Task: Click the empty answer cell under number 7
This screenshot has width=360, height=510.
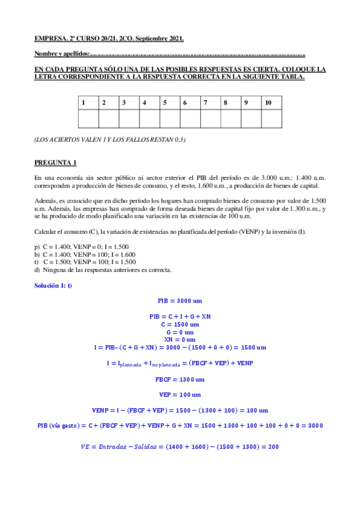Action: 210,119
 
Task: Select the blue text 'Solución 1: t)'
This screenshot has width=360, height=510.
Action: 53,285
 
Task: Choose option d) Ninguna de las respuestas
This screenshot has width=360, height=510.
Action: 103,269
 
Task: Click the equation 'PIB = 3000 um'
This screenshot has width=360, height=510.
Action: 180,300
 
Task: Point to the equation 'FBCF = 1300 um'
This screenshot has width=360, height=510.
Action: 180,379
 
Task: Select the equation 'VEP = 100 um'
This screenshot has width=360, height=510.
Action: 180,395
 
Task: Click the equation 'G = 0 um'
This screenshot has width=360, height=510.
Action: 180,332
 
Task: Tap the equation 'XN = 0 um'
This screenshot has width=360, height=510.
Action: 180,340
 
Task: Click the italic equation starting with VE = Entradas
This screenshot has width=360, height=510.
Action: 180,446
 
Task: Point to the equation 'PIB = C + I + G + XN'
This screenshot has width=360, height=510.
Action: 180,316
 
